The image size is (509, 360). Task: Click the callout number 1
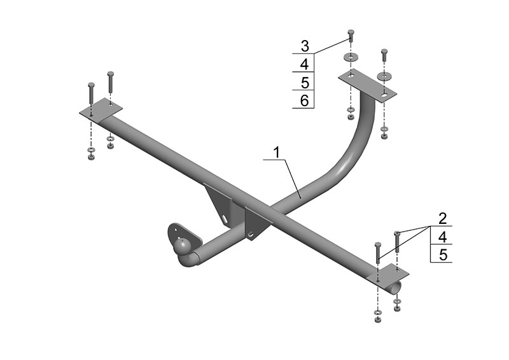[277, 152]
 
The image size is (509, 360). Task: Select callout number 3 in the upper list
[305, 46]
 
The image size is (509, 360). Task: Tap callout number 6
[305, 100]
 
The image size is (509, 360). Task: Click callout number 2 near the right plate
[442, 218]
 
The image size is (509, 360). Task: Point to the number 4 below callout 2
[442, 237]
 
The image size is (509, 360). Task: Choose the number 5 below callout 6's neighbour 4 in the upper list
[305, 83]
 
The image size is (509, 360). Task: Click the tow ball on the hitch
[181, 246]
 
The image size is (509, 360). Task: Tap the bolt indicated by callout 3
[351, 36]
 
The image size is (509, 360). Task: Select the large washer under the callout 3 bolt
[351, 57]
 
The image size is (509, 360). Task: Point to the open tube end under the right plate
[396, 287]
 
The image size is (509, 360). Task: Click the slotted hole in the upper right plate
[385, 95]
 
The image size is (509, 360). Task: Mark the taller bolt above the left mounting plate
[91, 93]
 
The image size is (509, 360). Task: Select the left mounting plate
[101, 110]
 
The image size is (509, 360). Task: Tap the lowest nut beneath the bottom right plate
[377, 320]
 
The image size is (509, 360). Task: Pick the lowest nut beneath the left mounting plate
[90, 158]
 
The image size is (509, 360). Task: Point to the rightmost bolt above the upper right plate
[384, 55]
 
